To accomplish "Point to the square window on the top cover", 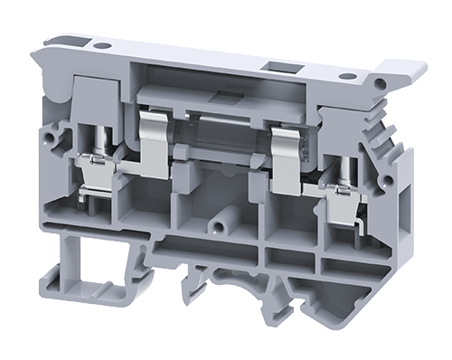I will pos(273,67).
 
